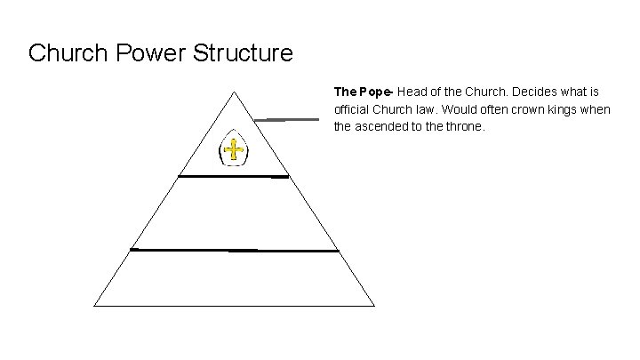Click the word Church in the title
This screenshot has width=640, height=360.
coord(65,53)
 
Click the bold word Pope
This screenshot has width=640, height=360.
coord(373,92)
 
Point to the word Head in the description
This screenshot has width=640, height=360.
coord(411,92)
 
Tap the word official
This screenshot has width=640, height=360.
coord(351,109)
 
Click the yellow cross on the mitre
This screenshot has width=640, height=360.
coord(234,150)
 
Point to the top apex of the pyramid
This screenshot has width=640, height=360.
coord(234,91)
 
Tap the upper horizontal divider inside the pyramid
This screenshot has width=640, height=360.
coord(234,177)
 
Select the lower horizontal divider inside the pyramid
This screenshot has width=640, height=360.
coord(234,251)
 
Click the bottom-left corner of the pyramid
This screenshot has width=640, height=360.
coord(95,305)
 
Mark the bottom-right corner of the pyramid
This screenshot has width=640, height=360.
coord(373,305)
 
